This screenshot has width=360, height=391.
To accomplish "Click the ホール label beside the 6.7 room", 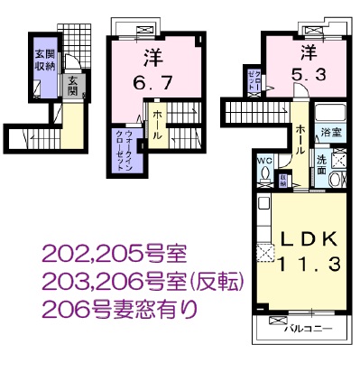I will [x=157, y=125].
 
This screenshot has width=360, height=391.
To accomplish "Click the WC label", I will [x=264, y=163].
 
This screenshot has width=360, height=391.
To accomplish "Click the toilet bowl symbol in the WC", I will [x=264, y=176].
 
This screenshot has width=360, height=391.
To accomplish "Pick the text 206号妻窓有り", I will [x=120, y=310].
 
